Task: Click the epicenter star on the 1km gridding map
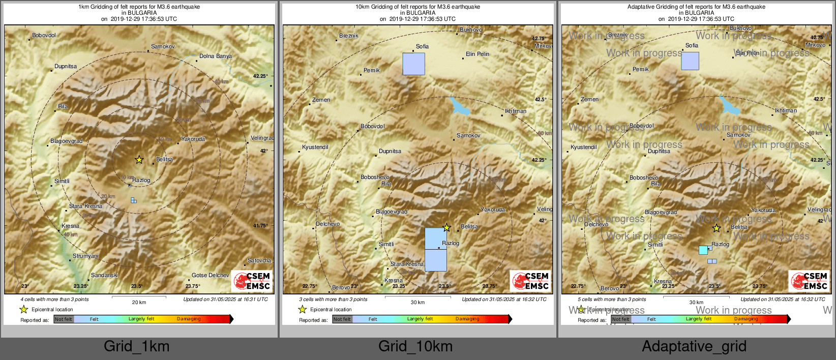pyautogui.click(x=139, y=160)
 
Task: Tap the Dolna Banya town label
pyautogui.click(x=215, y=56)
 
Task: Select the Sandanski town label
pyautogui.click(x=104, y=275)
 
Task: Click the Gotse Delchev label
pyautogui.click(x=210, y=275)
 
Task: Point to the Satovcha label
pyautogui.click(x=259, y=260)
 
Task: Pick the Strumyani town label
pyautogui.click(x=85, y=256)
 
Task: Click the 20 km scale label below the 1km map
pyautogui.click(x=139, y=302)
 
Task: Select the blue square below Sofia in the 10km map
pyautogui.click(x=413, y=64)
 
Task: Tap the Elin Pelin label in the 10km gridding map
pyautogui.click(x=477, y=54)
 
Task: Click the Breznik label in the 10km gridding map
pyautogui.click(x=349, y=36)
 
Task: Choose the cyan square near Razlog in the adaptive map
pyautogui.click(x=703, y=250)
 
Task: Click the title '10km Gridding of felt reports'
pyautogui.click(x=417, y=7)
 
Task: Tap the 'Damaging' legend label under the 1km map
pyautogui.click(x=189, y=319)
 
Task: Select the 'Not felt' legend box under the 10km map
pyautogui.click(x=342, y=319)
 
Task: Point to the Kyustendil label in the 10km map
pyautogui.click(x=315, y=147)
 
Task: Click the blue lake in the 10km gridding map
pyautogui.click(x=460, y=107)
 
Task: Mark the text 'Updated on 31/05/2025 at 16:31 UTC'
pyautogui.click(x=225, y=299)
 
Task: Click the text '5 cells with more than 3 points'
pyautogui.click(x=611, y=299)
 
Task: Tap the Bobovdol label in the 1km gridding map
pyautogui.click(x=44, y=35)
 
